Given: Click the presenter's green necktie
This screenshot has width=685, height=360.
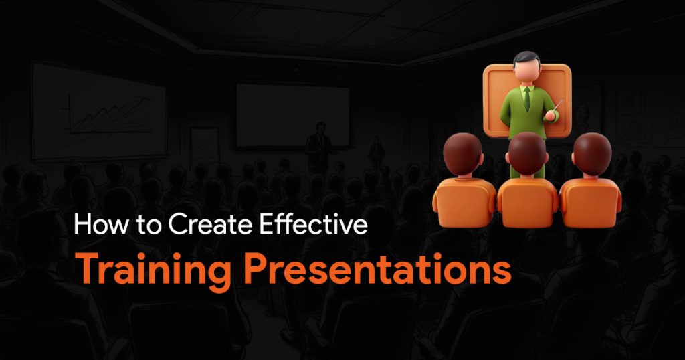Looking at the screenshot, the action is (x=527, y=99).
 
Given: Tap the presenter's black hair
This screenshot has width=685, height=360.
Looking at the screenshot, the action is (x=527, y=58).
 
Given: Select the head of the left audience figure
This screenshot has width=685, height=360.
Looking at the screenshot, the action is (x=462, y=154).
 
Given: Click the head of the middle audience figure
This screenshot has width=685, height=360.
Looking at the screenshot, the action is (x=527, y=154).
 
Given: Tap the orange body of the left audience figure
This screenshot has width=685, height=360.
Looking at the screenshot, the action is (x=465, y=202).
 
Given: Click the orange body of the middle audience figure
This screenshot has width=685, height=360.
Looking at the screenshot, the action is (x=528, y=203).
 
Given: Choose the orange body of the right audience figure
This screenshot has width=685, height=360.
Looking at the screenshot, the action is (x=590, y=203).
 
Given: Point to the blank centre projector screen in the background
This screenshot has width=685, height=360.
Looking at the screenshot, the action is (x=293, y=115).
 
